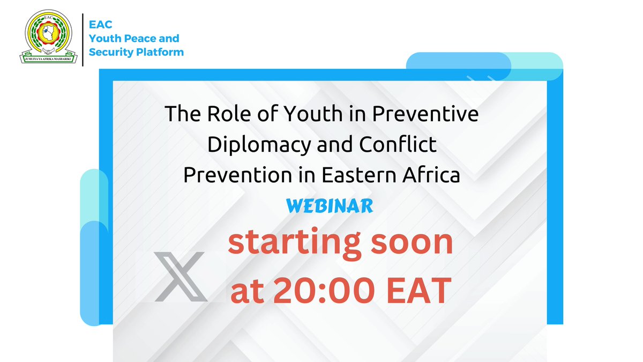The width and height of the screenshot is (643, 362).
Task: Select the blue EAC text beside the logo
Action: (99, 25)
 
